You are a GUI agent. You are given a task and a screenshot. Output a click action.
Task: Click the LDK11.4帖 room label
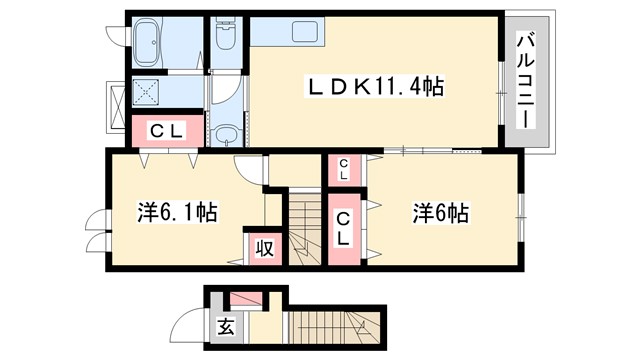[x=374, y=87]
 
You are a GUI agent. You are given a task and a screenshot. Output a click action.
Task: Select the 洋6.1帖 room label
[x=178, y=213]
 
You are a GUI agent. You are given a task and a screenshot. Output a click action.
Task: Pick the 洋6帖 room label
[x=441, y=213]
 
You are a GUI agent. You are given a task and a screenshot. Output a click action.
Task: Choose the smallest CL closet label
[x=343, y=170]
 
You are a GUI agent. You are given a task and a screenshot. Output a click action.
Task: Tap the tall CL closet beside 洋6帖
[x=343, y=229]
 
